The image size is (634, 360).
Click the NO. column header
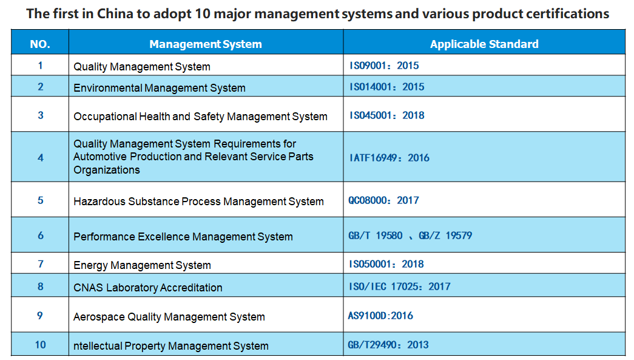pos(40,44)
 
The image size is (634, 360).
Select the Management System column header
pos(206,44)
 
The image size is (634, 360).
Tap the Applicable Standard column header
pos(484,44)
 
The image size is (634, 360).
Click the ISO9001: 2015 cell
pos(384,66)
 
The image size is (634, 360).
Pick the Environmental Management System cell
pos(160,88)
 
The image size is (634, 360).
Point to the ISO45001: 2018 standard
pos(387,115)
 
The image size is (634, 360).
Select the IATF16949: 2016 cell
pos(390,158)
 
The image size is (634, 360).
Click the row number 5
pos(41,200)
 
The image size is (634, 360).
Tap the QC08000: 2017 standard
pos(383,200)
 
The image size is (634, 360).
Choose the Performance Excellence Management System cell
pos(183,237)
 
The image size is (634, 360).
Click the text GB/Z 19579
pos(445,236)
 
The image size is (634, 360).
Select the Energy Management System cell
pos(142,265)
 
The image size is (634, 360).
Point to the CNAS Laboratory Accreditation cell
pos(147,288)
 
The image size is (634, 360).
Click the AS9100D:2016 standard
pos(380,316)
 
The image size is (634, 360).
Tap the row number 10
pos(41,345)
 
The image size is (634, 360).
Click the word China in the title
pos(115,14)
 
